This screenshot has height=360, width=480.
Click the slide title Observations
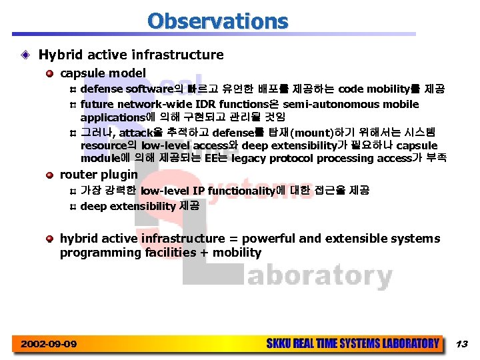(x=218, y=21)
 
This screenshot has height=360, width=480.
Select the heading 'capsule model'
(x=103, y=73)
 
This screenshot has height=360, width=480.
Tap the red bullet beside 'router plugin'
(x=50, y=175)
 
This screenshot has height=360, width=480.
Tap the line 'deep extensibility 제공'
(x=139, y=206)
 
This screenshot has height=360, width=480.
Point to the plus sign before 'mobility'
(x=201, y=253)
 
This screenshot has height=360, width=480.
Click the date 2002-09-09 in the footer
(x=49, y=344)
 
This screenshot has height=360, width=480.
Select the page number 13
(x=462, y=344)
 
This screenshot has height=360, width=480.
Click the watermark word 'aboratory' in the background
(x=319, y=275)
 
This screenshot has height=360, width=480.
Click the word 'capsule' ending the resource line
(x=417, y=145)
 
